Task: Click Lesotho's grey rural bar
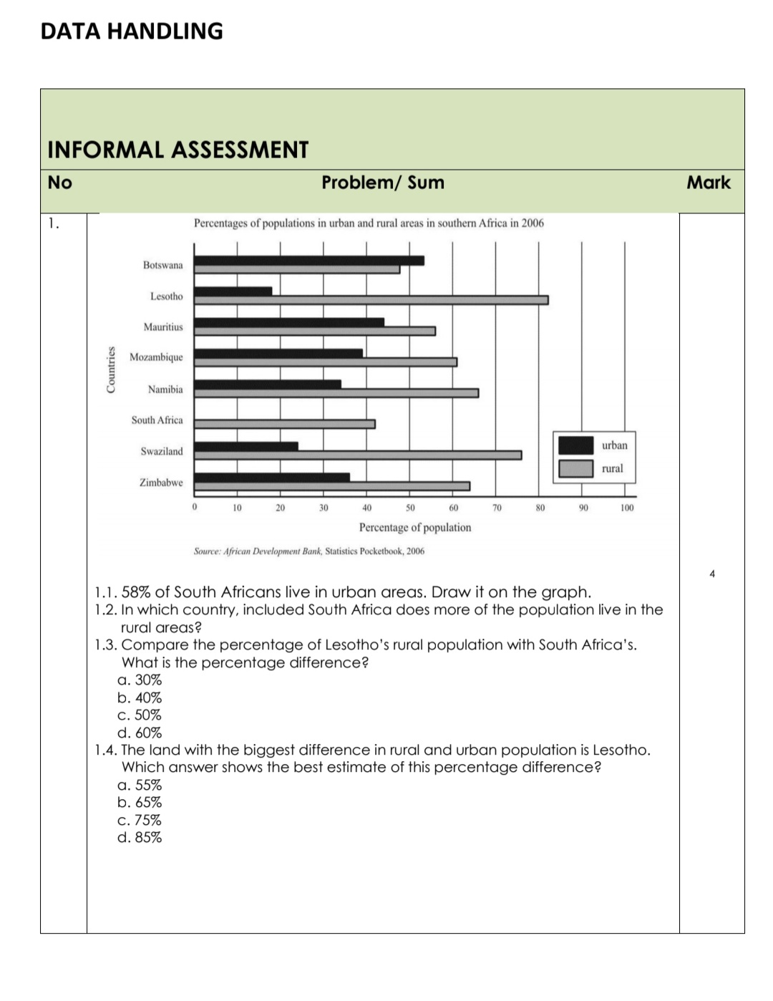click(371, 300)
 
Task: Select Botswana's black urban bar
click(308, 261)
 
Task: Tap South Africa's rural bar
click(284, 424)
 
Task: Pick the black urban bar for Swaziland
click(245, 446)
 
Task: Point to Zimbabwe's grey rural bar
click(331, 486)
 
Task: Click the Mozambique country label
click(156, 357)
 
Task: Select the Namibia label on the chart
click(165, 390)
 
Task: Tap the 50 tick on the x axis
click(410, 508)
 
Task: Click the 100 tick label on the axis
click(627, 508)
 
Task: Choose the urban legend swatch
click(575, 445)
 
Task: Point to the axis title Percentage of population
click(415, 528)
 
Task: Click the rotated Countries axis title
click(111, 369)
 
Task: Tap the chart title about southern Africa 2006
click(369, 223)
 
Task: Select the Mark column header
click(709, 183)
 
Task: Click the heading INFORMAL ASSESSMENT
click(178, 150)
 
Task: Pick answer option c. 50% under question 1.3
click(140, 715)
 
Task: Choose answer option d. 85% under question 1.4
click(140, 838)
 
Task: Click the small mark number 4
click(712, 574)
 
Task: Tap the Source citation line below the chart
click(308, 551)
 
